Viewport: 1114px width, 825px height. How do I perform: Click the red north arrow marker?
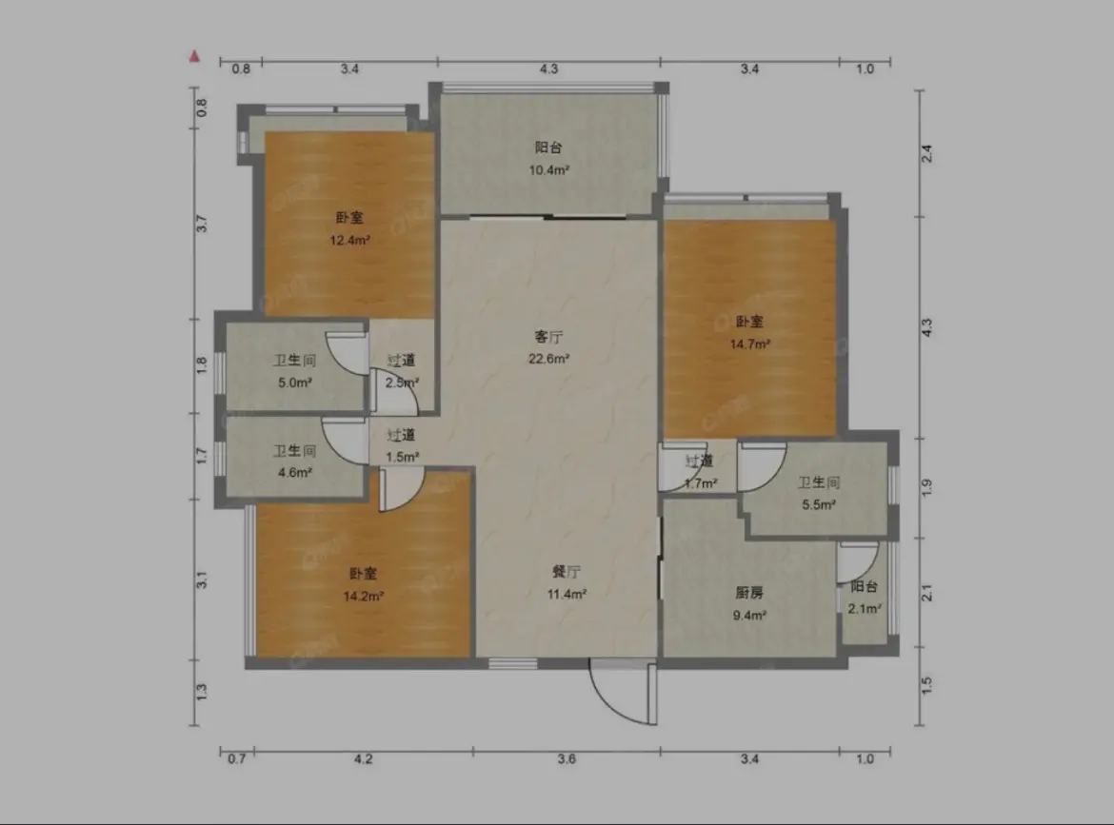click(x=194, y=56)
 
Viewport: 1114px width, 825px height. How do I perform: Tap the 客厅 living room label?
click(x=548, y=337)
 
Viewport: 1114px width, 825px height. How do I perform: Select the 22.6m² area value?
click(x=548, y=359)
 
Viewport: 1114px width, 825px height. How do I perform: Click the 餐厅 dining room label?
click(x=567, y=572)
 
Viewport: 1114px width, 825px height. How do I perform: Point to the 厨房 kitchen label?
click(x=749, y=593)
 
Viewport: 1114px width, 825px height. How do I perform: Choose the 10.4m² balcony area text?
click(x=548, y=169)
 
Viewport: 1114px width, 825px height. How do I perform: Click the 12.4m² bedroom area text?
click(x=349, y=240)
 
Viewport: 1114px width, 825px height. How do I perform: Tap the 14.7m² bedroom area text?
click(x=750, y=344)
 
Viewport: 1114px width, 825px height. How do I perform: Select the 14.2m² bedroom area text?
click(x=364, y=597)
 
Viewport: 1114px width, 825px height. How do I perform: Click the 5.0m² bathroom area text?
click(x=295, y=383)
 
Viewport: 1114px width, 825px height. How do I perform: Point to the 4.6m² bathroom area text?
click(x=295, y=472)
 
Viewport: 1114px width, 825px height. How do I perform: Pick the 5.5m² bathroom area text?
click(x=819, y=504)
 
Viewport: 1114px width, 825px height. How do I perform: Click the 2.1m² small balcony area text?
click(x=865, y=608)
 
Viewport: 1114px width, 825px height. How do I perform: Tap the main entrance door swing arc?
click(x=611, y=706)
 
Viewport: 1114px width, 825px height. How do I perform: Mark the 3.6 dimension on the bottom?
click(x=567, y=759)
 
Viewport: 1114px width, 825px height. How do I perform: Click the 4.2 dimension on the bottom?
click(x=363, y=759)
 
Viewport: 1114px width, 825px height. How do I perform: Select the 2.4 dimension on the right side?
click(x=926, y=153)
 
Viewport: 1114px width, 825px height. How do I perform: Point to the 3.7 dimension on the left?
click(x=202, y=224)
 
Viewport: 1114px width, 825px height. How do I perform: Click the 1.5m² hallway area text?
click(x=402, y=457)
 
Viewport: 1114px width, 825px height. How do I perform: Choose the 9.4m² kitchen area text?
click(x=749, y=616)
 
